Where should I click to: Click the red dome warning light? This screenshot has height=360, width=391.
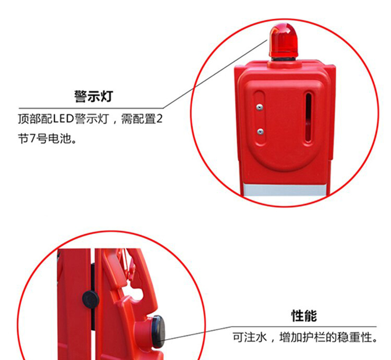click(283, 40)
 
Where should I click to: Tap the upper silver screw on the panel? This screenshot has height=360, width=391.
click(259, 107)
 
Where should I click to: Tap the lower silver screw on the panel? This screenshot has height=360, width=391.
click(260, 132)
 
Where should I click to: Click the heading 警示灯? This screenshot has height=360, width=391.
click(94, 96)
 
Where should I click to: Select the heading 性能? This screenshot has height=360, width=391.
click(304, 316)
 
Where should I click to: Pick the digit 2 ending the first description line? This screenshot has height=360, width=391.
click(159, 119)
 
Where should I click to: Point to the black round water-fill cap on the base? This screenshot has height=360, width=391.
click(157, 332)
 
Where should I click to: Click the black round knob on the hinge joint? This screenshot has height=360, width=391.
click(91, 300)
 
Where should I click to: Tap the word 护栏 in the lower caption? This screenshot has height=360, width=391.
click(314, 337)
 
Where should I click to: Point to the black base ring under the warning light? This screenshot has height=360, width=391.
click(283, 59)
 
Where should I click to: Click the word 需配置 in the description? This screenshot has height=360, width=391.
click(138, 119)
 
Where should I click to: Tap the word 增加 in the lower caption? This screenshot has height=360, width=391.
click(291, 337)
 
